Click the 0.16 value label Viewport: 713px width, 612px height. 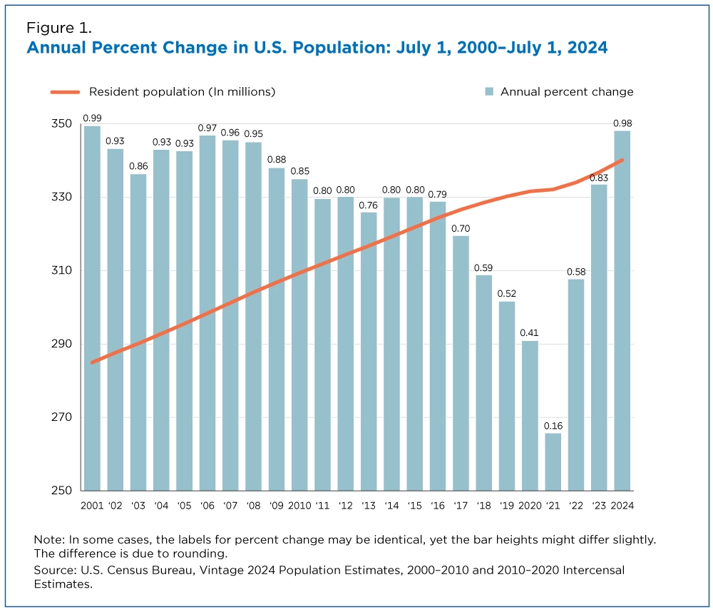point(553,426)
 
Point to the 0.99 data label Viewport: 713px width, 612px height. point(91,118)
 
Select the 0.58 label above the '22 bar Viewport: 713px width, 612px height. point(576,272)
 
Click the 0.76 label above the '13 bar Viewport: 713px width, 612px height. point(369,205)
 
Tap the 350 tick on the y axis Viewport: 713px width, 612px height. point(63,124)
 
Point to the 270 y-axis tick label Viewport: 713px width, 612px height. point(63,417)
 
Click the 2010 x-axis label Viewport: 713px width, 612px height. point(299,506)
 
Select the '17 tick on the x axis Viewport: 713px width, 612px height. point(461,506)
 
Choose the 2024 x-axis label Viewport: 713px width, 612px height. point(622,506)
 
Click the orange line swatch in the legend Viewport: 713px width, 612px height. point(65,92)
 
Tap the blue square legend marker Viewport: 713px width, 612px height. point(489,92)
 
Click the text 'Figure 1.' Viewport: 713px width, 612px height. point(59,28)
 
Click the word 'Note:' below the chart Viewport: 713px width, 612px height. point(49,540)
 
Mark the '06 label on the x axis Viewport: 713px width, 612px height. point(207,506)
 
